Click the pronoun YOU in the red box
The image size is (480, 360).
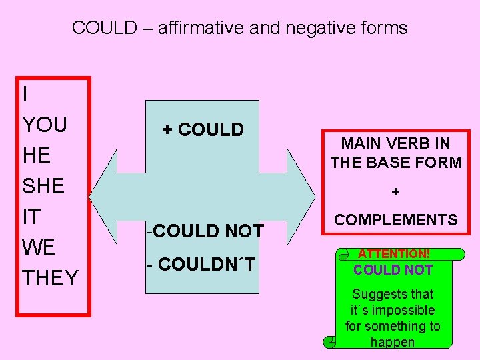click(45, 125)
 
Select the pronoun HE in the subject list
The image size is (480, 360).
click(37, 155)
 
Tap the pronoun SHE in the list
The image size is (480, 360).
click(43, 186)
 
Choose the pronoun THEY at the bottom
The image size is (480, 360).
click(51, 278)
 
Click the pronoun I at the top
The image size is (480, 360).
click(25, 95)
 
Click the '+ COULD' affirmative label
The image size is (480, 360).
click(203, 130)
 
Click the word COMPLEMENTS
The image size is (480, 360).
click(396, 220)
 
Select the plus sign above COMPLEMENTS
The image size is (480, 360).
click(396, 192)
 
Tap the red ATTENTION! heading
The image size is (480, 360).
click(393, 254)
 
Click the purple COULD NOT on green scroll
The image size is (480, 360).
click(393, 270)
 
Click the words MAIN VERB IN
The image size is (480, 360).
click(396, 143)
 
